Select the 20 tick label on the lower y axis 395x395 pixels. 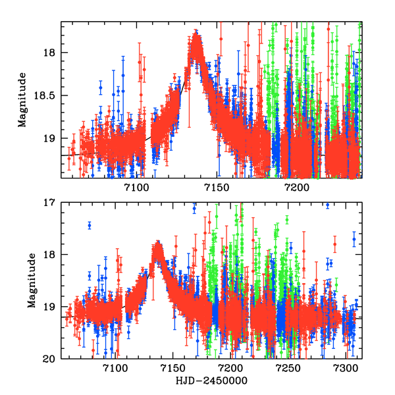coord(51,359)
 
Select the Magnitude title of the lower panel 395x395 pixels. coord(32,281)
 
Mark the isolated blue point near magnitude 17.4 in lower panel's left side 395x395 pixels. coord(90,225)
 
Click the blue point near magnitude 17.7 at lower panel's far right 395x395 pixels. coord(354,239)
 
